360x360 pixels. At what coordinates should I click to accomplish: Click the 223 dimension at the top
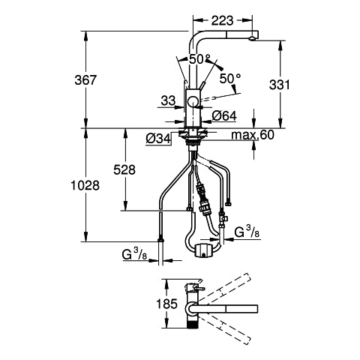(222, 20)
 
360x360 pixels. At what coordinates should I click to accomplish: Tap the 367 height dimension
(85, 80)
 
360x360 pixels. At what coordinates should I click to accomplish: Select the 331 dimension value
(280, 85)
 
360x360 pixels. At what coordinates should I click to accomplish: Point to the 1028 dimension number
(85, 185)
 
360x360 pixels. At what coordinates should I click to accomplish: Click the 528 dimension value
(124, 169)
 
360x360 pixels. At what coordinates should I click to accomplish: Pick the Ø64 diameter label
(224, 115)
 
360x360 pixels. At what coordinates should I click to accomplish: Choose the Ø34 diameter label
(158, 138)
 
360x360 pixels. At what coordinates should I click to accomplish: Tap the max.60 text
(253, 135)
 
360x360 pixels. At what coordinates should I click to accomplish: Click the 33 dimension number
(168, 100)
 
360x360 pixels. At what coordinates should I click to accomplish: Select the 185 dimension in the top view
(166, 304)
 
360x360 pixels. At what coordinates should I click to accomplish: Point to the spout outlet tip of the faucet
(252, 38)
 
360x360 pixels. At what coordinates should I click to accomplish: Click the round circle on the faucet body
(193, 101)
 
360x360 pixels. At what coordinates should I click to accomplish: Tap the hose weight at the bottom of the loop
(204, 250)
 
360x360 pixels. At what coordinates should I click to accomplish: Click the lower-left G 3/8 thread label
(134, 255)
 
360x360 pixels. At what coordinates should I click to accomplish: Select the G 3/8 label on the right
(247, 232)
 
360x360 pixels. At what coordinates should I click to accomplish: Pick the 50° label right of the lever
(230, 79)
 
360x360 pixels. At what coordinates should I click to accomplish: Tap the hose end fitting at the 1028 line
(160, 240)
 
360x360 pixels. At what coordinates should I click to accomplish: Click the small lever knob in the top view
(202, 289)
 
